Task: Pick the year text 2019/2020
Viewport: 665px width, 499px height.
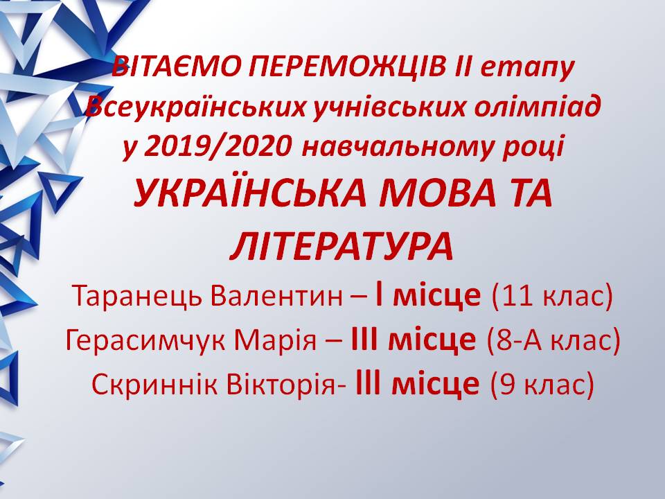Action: pyautogui.click(x=218, y=146)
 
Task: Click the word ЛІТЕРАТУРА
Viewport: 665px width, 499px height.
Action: pyautogui.click(x=342, y=247)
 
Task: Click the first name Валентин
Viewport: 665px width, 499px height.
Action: pyautogui.click(x=276, y=295)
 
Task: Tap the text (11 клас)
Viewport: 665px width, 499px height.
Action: pyautogui.click(x=552, y=296)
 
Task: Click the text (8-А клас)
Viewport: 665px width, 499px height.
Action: pyautogui.click(x=553, y=340)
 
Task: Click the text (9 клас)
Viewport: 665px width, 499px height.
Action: pyautogui.click(x=542, y=385)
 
